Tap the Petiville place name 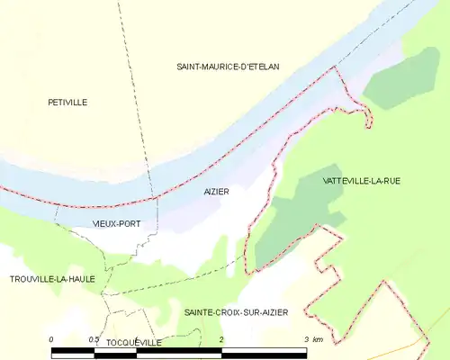pos(67,103)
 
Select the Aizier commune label pos(217,192)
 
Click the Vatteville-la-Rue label pos(361,181)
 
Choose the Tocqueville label pos(133,343)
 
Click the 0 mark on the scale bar pos(51,339)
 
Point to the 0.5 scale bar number pos(94,339)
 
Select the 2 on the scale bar pos(221,339)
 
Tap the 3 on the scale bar pos(307,339)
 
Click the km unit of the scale pos(319,339)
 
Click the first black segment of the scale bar pos(72,352)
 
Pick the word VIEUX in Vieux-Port pos(105,222)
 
